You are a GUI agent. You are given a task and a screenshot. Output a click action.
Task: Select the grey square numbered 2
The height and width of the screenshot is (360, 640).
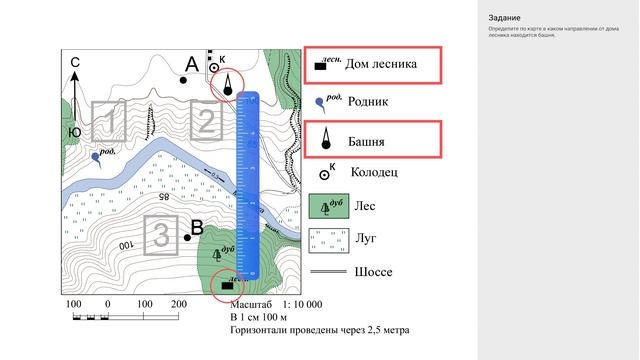coord(204,123)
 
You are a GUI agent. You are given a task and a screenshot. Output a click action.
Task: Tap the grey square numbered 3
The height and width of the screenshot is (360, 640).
coord(161,234)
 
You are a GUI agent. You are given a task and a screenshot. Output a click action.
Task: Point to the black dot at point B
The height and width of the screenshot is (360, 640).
coord(187,237)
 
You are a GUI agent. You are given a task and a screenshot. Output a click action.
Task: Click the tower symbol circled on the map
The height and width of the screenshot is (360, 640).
coord(228,88)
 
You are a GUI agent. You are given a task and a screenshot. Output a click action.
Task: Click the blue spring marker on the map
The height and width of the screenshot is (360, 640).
coord(96,157)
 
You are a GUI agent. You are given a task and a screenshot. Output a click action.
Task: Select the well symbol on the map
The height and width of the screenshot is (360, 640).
coord(213,67)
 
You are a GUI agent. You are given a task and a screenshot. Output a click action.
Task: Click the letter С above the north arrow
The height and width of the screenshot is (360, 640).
coord(74,63)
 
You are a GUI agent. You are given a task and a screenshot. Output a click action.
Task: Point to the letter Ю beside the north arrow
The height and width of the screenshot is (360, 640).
coord(73,131)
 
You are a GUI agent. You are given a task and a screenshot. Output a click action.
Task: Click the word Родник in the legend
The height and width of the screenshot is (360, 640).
coord(366,101)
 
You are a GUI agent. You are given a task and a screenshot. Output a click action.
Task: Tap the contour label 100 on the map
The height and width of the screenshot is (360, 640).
coord(126,245)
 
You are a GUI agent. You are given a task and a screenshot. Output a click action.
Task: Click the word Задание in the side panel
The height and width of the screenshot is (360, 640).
coord(504,18)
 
